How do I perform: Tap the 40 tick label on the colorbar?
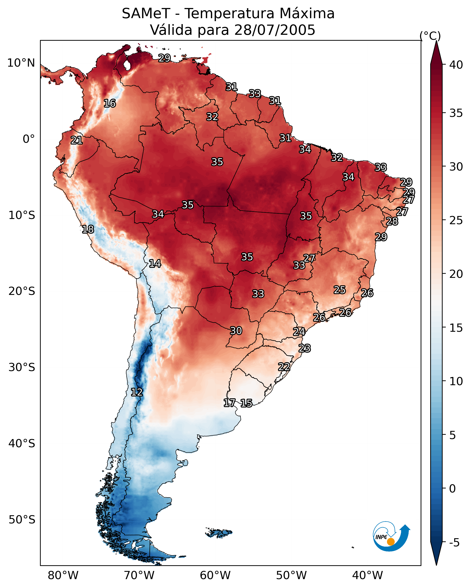click(x=456, y=65)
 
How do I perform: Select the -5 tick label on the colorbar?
click(x=455, y=543)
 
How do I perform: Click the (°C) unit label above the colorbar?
click(x=430, y=36)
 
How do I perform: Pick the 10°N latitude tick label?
click(x=21, y=63)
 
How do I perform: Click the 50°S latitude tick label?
click(x=22, y=520)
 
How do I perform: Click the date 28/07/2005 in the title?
click(x=274, y=30)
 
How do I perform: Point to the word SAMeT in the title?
click(x=146, y=14)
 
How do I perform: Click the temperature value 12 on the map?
click(x=137, y=392)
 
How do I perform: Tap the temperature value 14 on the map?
click(x=155, y=264)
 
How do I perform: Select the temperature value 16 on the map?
click(x=110, y=103)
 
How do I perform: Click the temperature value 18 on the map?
click(x=88, y=229)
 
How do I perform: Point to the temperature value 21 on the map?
click(x=77, y=141)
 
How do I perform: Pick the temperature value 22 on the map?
click(x=284, y=367)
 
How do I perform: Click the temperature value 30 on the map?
click(x=236, y=331)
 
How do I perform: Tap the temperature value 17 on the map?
click(x=229, y=403)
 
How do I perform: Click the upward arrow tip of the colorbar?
click(x=436, y=41)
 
